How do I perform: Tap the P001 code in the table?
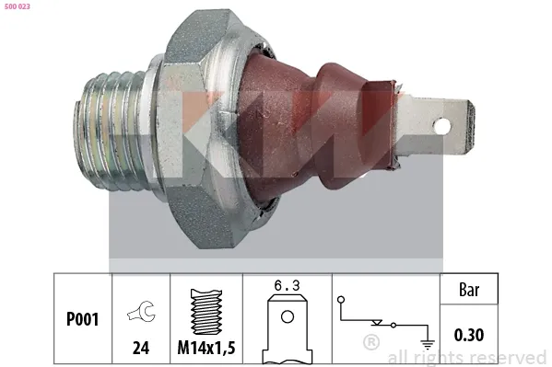pos(82,321)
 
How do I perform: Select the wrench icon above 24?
pos(145,315)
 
